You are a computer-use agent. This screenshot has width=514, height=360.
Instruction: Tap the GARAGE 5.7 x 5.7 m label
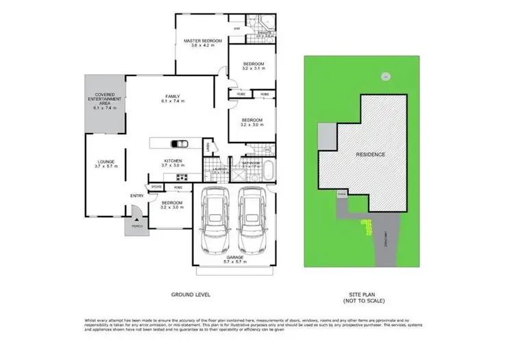pos(234,259)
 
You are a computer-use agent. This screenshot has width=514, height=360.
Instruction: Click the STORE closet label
pos(156,186)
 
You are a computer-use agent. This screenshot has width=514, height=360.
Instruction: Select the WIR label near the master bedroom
pos(237,28)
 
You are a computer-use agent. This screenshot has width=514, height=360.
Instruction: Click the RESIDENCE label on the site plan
pos(369,154)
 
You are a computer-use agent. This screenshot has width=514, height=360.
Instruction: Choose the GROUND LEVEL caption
pos(190,294)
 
